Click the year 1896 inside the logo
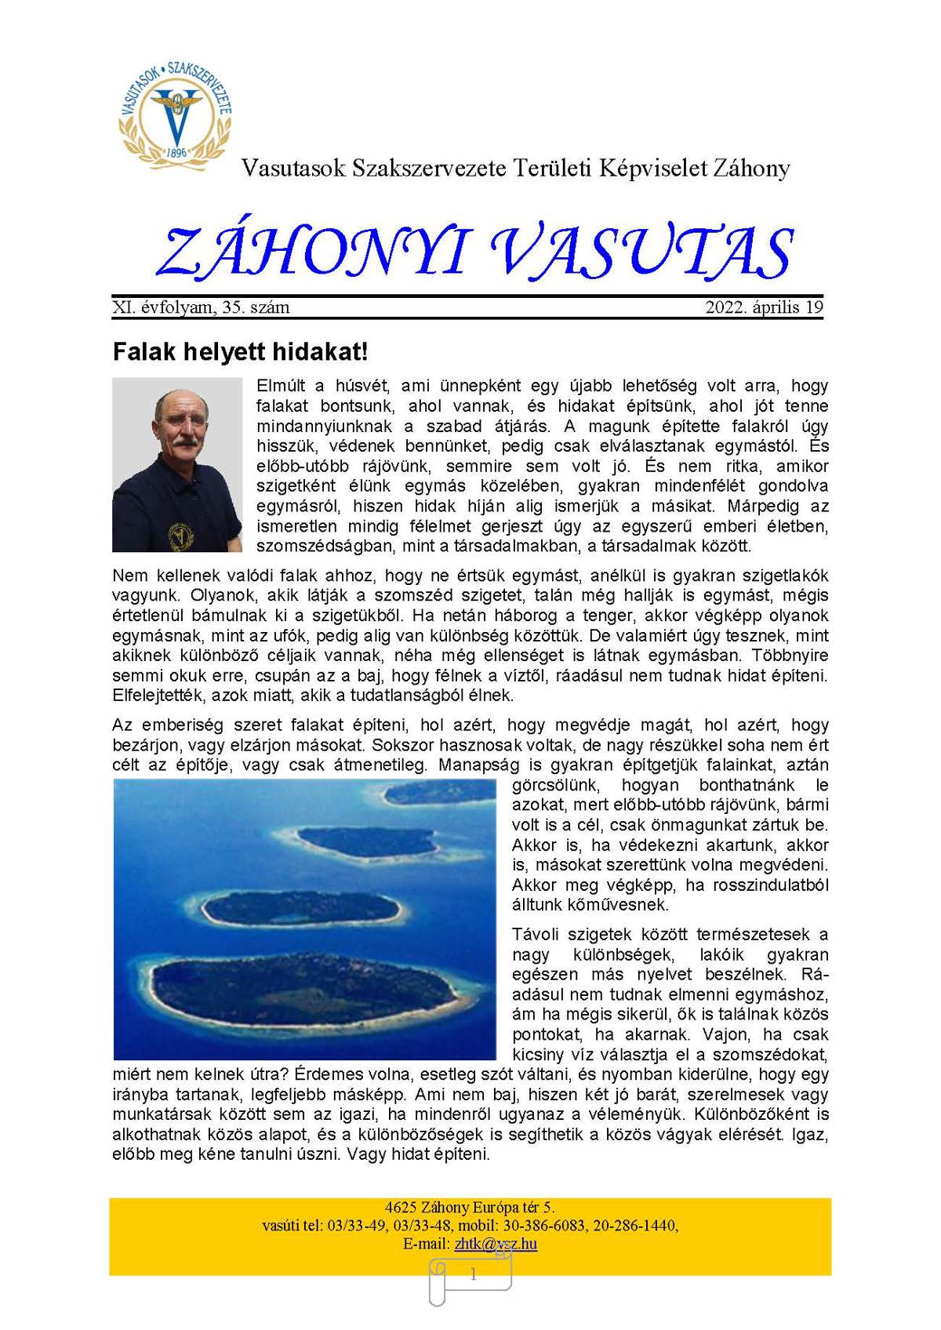click(x=176, y=152)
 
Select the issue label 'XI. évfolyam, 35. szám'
click(x=201, y=307)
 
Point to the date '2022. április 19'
click(x=764, y=307)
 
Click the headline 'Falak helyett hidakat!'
click(x=240, y=351)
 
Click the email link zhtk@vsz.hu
click(x=496, y=1244)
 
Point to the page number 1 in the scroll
click(x=473, y=1275)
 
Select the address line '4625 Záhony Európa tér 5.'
click(x=470, y=1208)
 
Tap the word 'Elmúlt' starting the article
click(x=280, y=386)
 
